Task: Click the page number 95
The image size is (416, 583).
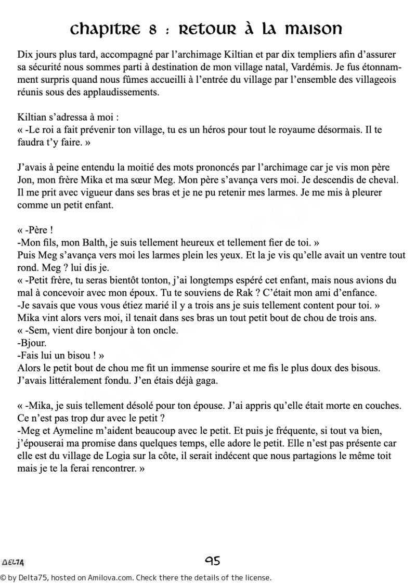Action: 213,561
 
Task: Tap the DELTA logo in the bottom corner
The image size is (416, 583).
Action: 15,562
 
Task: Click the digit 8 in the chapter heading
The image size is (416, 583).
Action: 153,31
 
